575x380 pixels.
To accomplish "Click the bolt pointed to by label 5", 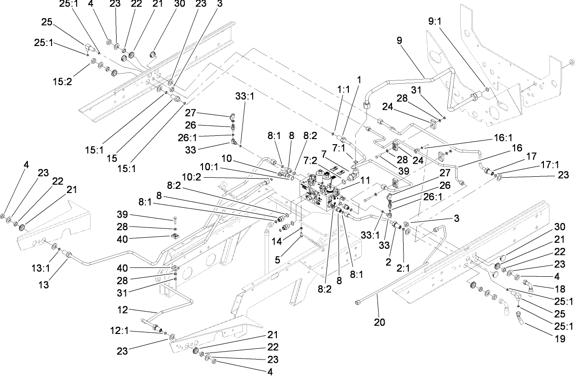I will point(302,235).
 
